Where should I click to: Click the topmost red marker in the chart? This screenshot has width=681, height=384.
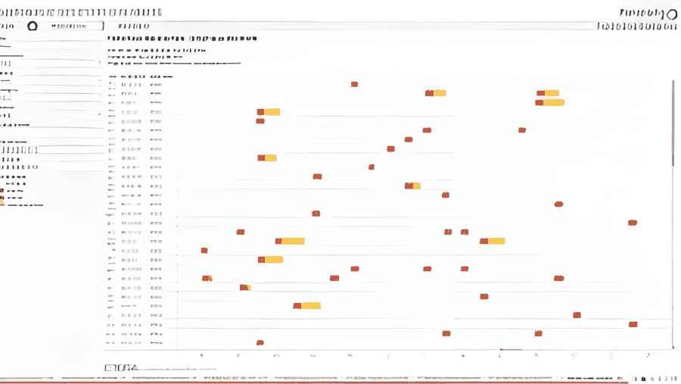click(354, 84)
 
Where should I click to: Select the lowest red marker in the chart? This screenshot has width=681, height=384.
click(260, 342)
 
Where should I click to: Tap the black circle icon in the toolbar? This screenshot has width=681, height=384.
click(32, 26)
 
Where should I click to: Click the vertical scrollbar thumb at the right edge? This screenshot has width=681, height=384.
click(672, 121)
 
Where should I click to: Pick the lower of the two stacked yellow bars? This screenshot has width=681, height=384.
click(552, 102)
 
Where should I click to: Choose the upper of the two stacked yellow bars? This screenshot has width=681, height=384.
click(550, 93)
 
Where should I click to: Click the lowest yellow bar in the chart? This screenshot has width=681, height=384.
click(309, 305)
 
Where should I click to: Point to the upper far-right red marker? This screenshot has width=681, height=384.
click(632, 223)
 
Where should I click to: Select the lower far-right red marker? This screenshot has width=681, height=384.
click(633, 324)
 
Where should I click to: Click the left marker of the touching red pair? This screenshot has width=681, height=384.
click(448, 232)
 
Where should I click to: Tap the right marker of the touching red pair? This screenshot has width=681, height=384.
click(464, 232)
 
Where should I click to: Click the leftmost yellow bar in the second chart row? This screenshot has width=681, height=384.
click(437, 93)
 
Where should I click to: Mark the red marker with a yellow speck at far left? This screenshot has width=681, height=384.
click(207, 278)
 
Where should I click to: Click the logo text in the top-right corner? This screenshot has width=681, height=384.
click(648, 12)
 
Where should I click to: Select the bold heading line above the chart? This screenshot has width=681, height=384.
click(182, 38)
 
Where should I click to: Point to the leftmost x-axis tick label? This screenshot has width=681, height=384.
click(201, 354)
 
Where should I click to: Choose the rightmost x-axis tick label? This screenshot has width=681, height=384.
click(648, 354)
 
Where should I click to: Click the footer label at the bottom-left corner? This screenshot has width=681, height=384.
click(121, 368)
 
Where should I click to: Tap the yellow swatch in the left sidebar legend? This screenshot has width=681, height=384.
click(3, 198)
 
